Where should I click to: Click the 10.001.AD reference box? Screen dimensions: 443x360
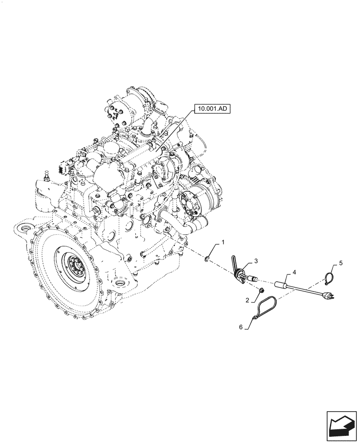point(211,108)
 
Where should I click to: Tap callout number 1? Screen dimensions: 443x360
point(223,242)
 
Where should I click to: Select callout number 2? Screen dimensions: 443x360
point(247,300)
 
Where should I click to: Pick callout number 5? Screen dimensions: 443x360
point(340,263)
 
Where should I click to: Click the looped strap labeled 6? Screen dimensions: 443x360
point(266,306)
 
